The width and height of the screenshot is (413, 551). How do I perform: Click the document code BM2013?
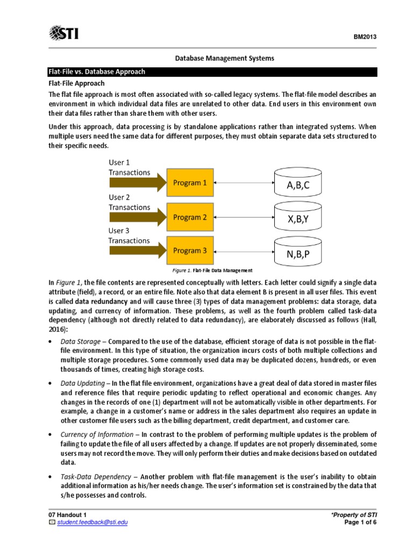click(x=364, y=37)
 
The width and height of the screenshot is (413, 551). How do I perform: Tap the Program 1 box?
click(x=189, y=183)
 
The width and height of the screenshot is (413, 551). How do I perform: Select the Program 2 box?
click(x=189, y=217)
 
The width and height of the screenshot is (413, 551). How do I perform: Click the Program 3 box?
click(x=189, y=251)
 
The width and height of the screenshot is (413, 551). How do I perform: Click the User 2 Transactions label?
click(x=129, y=202)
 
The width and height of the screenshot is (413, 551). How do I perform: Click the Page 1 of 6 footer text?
click(x=359, y=522)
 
